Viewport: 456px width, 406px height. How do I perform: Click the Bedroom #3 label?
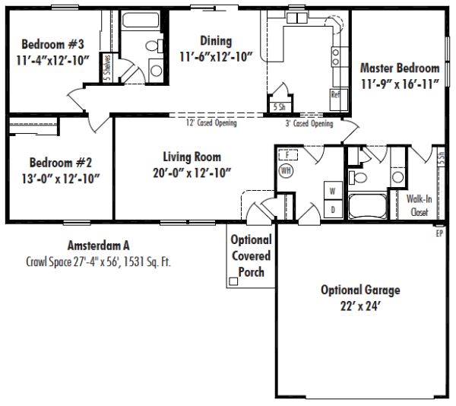52,45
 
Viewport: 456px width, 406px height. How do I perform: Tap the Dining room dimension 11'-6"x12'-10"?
216,57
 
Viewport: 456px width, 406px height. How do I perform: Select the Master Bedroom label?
400,68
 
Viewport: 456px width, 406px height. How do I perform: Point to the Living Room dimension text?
192,173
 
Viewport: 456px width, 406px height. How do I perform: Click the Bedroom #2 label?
61,163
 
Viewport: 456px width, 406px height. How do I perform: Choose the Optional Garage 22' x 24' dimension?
360,306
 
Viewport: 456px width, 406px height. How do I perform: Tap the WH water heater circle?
286,170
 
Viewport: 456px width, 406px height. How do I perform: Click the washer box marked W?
333,191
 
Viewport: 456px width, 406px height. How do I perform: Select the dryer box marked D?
333,209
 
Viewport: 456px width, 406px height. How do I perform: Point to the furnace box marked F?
288,155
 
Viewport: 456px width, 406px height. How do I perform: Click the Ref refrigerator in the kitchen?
339,99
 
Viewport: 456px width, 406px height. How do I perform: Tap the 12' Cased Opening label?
211,122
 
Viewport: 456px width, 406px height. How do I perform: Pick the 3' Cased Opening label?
309,124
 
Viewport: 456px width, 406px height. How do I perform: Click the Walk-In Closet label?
419,205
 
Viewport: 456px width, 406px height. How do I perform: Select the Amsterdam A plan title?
99,246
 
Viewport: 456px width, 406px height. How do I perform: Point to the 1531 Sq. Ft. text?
147,262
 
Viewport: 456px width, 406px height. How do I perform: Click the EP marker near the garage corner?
439,233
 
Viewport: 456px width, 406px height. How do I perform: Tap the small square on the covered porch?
233,281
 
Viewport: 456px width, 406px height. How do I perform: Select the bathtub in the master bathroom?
368,207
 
